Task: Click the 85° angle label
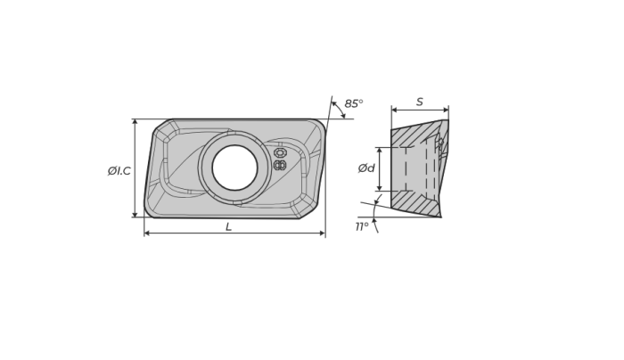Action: click(353, 103)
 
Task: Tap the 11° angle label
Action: click(362, 226)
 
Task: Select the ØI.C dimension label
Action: click(119, 171)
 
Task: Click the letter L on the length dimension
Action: click(228, 226)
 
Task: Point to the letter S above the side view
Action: click(420, 102)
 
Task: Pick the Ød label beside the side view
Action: click(366, 168)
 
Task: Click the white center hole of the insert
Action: click(234, 168)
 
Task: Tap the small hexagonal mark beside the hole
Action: click(280, 153)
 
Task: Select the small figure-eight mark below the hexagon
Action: click(280, 165)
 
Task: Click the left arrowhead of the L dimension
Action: click(147, 233)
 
